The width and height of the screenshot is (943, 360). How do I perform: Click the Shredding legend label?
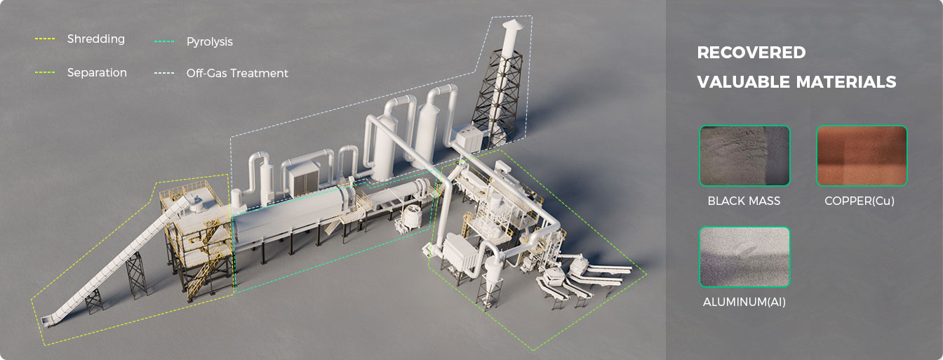(x=96, y=39)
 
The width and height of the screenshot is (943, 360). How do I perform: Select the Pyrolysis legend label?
(x=210, y=41)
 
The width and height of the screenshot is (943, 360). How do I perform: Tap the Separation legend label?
(x=97, y=72)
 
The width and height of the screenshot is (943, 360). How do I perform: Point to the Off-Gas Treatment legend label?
(x=237, y=73)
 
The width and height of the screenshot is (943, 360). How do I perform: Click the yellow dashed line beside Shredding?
(x=45, y=39)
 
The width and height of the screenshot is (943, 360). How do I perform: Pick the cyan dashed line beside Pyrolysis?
(x=164, y=41)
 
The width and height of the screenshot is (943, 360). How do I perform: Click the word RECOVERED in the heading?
(x=751, y=53)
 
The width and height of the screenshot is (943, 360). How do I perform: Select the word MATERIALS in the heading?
(x=838, y=81)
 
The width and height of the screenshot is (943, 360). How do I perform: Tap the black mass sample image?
(x=744, y=156)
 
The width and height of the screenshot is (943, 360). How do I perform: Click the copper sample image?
(x=862, y=156)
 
